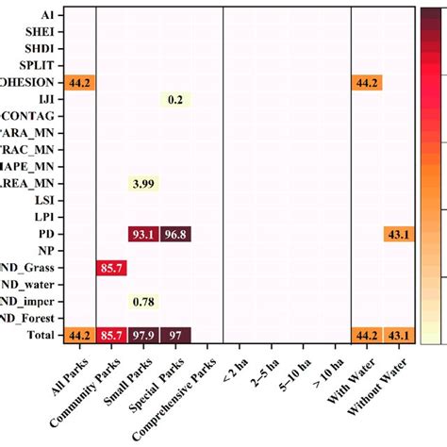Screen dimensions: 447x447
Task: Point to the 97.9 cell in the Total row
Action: (143, 335)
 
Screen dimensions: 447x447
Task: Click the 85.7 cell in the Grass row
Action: (112, 268)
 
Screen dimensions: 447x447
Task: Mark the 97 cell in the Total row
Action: (175, 335)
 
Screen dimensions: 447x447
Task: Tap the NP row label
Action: (45, 251)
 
